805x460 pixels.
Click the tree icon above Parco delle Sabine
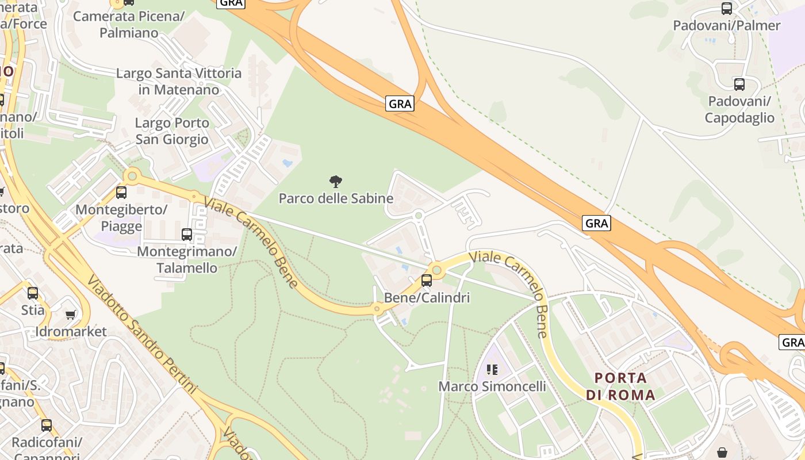[336, 182]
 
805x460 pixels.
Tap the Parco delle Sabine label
[336, 198]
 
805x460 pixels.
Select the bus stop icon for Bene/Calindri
[427, 281]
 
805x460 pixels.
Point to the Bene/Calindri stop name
[427, 298]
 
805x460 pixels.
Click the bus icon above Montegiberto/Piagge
[121, 193]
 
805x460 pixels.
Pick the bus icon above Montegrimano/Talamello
[187, 235]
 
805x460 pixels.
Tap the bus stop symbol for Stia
[33, 293]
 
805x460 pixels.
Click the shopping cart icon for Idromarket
[71, 315]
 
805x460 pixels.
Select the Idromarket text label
[71, 332]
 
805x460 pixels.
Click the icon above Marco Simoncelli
[492, 369]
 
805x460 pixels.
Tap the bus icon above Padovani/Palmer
[727, 9]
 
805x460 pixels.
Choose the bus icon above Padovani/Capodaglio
[739, 85]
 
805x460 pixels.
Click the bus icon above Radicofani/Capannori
[47, 426]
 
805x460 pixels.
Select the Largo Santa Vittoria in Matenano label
[179, 82]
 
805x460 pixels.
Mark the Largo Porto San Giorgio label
[172, 131]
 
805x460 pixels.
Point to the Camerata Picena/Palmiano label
[129, 25]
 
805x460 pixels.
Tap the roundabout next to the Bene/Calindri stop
[436, 269]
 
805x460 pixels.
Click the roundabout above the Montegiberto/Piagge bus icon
[133, 175]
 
